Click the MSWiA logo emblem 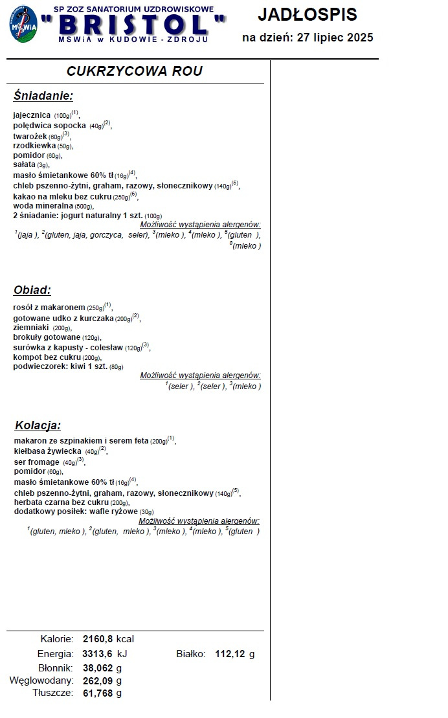(23, 24)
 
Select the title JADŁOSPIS (307, 14)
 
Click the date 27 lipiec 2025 (335, 38)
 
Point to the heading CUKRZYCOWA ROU (135, 71)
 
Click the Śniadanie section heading (43, 96)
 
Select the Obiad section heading (32, 290)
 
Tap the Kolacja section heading (38, 425)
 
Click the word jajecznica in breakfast (32, 115)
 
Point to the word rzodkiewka (34, 146)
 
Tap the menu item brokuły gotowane (47, 337)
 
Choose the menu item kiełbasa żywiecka (48, 451)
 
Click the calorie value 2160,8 (98, 639)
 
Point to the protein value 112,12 (230, 654)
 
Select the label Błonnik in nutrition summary (57, 668)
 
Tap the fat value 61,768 (98, 693)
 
